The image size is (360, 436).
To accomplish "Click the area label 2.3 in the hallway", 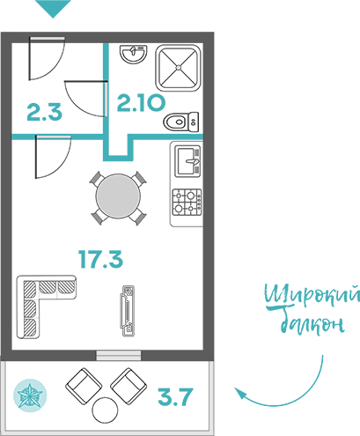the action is point(45,112).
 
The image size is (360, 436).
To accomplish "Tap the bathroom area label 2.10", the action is point(141,103).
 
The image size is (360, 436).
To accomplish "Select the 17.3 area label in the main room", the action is point(100,259).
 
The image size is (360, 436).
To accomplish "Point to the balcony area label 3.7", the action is point(175,396).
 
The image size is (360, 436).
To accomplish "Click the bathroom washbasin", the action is point(133,54).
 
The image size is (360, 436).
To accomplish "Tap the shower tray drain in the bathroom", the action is point(179,68).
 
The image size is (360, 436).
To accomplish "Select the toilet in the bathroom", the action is point(181,122).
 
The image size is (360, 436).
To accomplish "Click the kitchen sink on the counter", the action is point(187,161).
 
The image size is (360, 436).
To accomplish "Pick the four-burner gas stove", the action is point(187,202).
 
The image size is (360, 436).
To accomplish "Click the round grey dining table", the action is point(118,196).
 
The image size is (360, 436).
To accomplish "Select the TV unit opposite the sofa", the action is point(128,311).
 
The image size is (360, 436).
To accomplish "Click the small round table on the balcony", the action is point(105,410).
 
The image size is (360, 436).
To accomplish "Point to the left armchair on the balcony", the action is point(84,386).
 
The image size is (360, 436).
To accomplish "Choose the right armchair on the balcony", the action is point(129,386).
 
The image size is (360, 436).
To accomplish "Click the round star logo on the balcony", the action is point(30,395).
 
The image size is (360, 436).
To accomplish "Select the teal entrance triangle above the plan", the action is point(53,7).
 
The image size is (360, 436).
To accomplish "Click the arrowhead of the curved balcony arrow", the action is point(240,393).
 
